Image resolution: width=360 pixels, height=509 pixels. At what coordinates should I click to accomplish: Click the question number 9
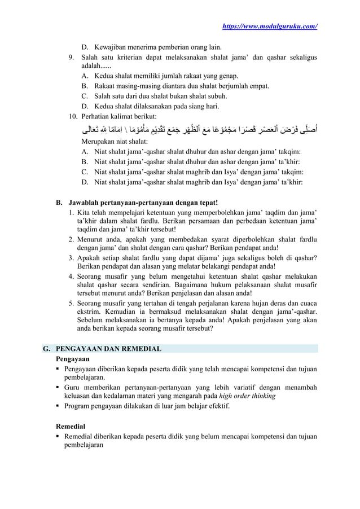click(x=71, y=57)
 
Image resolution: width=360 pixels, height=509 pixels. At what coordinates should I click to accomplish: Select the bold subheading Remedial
click(x=72, y=426)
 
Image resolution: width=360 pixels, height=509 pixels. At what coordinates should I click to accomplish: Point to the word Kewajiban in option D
click(x=112, y=47)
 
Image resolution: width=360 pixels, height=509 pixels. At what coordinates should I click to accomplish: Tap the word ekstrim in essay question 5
click(x=89, y=309)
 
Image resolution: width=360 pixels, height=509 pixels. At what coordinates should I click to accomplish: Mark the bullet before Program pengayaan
click(x=58, y=406)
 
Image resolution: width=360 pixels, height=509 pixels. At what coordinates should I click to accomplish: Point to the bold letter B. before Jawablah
click(x=58, y=201)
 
